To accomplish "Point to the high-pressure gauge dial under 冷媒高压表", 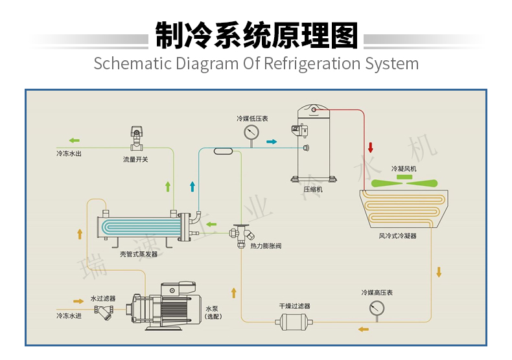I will [377, 309].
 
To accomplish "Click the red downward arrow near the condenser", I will [371, 147].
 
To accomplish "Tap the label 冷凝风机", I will [404, 168].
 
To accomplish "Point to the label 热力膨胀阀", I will [266, 247].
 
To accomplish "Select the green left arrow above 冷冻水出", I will [75, 140].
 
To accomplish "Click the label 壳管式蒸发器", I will [139, 254].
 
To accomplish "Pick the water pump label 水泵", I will [212, 309].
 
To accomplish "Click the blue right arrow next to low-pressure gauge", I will [271, 142].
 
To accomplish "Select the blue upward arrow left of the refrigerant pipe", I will [192, 186].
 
